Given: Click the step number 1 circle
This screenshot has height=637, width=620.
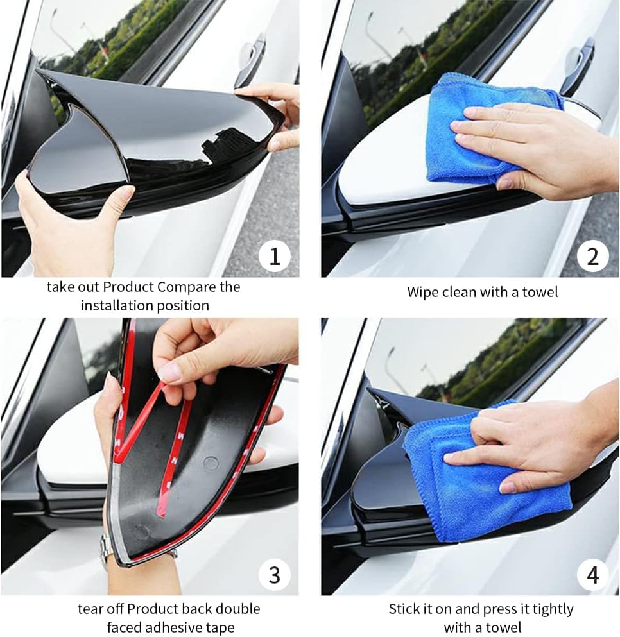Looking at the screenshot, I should (x=275, y=256).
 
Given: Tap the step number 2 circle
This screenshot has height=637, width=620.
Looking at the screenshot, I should (x=592, y=256).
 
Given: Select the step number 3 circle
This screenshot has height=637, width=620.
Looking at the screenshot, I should (x=275, y=574).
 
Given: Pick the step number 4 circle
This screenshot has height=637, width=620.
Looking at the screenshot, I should (x=592, y=574).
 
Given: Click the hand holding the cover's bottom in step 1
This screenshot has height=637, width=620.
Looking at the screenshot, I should (x=64, y=225).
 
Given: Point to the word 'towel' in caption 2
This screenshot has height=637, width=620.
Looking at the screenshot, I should (x=540, y=292).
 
